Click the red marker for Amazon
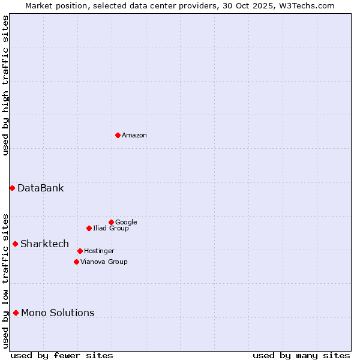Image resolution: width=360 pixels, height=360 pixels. pos(118,135)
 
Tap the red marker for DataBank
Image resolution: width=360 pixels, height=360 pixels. pos(12,188)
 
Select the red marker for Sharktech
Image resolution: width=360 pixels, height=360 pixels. pos(15,244)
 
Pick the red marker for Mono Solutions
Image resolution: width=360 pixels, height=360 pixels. pos(16,313)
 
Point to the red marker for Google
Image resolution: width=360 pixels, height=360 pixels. pos(111,222)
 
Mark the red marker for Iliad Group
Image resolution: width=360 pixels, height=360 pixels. pos(89,228)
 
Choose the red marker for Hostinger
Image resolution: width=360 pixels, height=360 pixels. pos(80,251)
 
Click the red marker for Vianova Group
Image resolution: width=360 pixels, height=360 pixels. pos(76,262)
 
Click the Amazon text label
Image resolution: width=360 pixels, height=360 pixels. pos(134,136)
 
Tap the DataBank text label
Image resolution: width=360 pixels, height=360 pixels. pos(40,188)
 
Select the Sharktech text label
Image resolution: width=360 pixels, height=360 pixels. pos(44,244)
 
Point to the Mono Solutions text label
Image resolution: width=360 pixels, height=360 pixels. pos(58,313)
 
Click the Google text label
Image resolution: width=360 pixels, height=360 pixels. pos(126,222)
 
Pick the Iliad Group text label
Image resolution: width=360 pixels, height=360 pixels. pos(111,228)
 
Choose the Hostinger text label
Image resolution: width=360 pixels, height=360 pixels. pos(99,251)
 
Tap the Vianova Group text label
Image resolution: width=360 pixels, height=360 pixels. pos(104,262)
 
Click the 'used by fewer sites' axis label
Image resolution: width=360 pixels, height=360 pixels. pos(62,355)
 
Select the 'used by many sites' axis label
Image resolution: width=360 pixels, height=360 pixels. pos(301,355)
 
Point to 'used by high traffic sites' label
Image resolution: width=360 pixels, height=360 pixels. pos(5,85)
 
